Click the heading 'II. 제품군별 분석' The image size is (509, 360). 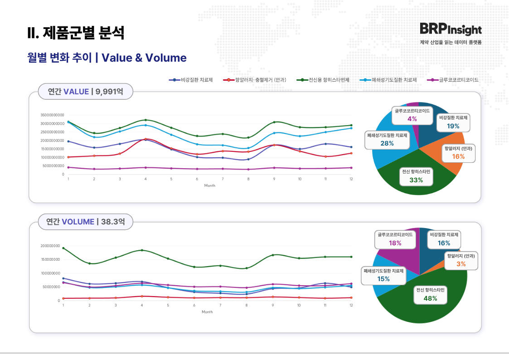coord(75,33)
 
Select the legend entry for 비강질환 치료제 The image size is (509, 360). coord(191,80)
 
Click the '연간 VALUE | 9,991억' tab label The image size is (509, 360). coord(85,92)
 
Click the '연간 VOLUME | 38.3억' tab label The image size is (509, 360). coord(85,222)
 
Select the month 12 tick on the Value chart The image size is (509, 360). coord(351,179)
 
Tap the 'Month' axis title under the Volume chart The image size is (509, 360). coord(207,312)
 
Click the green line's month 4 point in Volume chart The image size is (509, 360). coord(142,250)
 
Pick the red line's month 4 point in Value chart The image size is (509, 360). coord(145,139)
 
